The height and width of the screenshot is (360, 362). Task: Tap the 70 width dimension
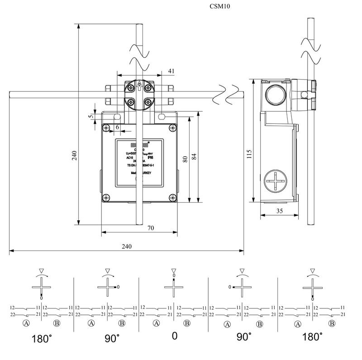click(150, 228)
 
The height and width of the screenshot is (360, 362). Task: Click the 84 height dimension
click(195, 156)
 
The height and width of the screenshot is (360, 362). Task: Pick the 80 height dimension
click(185, 159)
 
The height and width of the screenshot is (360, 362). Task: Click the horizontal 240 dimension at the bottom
click(127, 246)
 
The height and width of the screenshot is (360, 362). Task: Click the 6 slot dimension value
click(117, 128)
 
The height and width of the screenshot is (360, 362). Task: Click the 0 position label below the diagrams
click(174, 337)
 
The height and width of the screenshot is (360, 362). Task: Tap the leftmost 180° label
click(43, 337)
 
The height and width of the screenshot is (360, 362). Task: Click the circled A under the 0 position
click(157, 323)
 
